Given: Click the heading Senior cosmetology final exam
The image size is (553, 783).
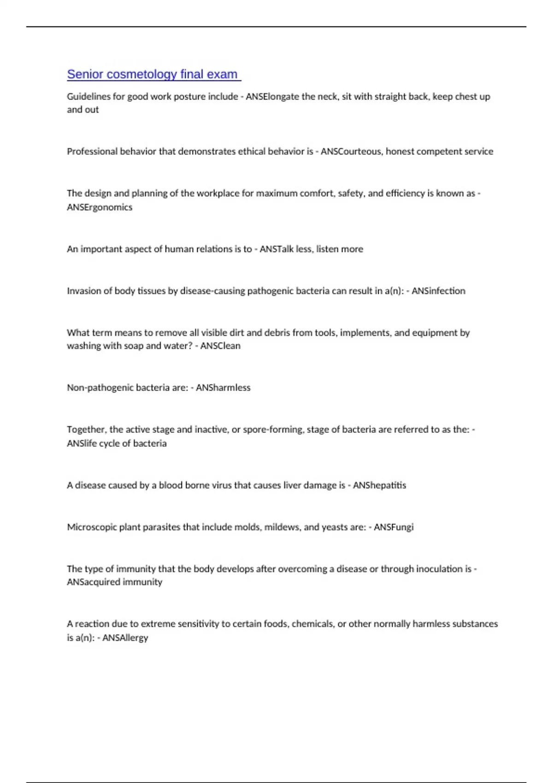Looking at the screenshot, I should coord(152,74).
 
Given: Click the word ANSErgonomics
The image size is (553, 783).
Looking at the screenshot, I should coord(100,207).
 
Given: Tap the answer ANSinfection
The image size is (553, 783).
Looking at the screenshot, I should coord(438,291).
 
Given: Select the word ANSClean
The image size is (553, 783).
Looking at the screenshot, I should coord(220,346).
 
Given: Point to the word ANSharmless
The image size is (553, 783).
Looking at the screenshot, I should coord(223,388).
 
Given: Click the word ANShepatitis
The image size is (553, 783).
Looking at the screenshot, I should coord(379,485).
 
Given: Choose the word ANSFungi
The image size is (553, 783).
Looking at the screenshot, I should coord(394,527).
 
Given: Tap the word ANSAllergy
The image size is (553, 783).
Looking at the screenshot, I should coord(125,638).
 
